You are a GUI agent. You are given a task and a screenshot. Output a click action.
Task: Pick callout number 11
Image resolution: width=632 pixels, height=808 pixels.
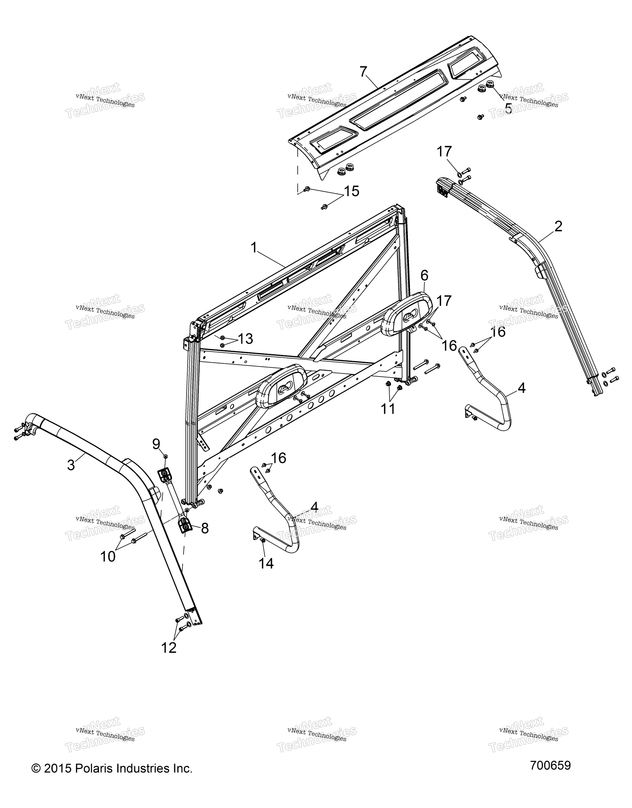tap(388, 409)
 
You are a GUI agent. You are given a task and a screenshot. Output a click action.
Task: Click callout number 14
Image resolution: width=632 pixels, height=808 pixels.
tap(266, 563)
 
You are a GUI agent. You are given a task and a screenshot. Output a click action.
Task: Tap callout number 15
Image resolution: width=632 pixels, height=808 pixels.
tap(352, 191)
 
